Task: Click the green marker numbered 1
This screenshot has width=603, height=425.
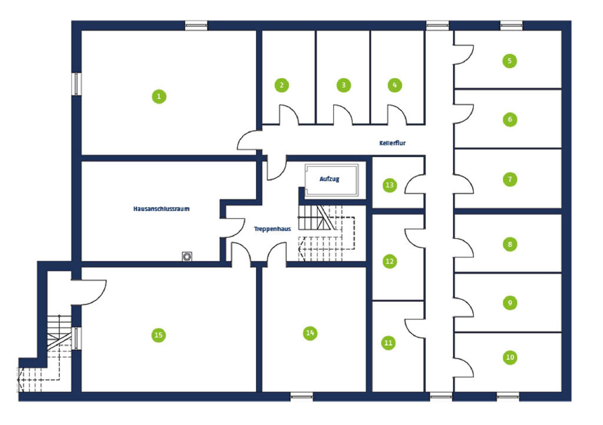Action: (159, 96)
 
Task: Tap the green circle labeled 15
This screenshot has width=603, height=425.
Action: (158, 335)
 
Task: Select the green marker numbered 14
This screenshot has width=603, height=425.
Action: (310, 333)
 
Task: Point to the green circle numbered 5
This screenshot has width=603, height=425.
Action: (509, 61)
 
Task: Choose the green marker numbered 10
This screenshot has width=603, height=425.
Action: (510, 357)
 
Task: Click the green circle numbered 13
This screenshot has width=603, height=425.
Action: (390, 185)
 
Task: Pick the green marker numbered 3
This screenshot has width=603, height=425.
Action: (343, 85)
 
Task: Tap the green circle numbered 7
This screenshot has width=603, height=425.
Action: (510, 179)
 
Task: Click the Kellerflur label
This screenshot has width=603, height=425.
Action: (392, 143)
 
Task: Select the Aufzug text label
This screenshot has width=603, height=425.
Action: (329, 179)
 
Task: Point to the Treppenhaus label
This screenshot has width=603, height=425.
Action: (272, 229)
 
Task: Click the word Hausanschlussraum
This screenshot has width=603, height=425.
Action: (161, 209)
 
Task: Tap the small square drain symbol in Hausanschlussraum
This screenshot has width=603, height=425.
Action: (187, 256)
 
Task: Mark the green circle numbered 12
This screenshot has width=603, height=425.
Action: (390, 262)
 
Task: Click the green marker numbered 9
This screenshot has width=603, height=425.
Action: (510, 303)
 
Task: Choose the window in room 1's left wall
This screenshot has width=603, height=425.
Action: (77, 84)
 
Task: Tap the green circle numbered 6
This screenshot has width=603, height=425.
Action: (510, 119)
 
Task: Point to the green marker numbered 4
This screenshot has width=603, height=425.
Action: (395, 85)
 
